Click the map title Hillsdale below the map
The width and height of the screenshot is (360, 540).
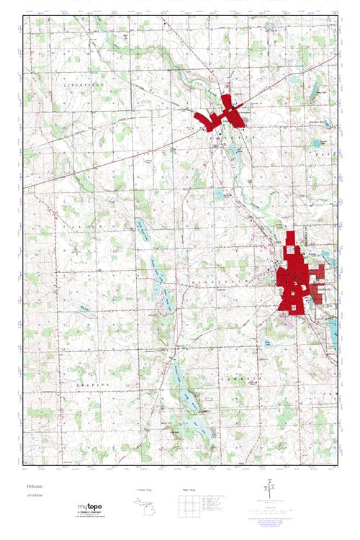(x=32, y=487)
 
